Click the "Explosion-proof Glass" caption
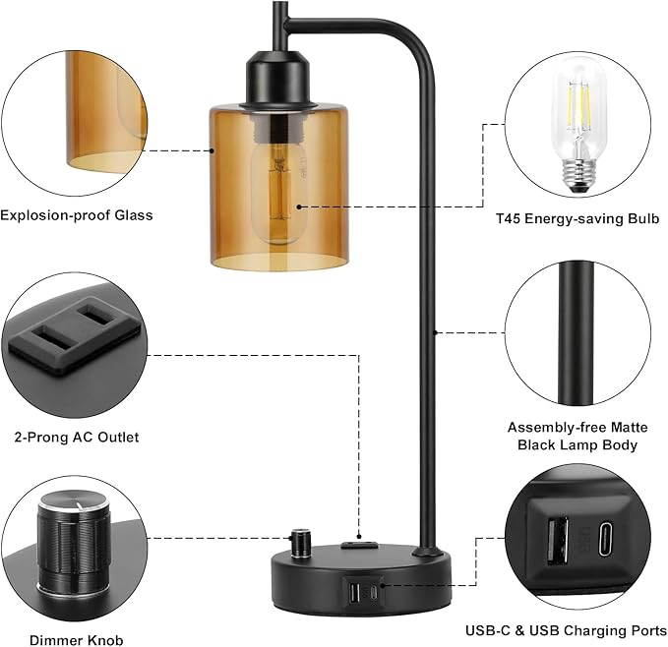pyautogui.click(x=77, y=214)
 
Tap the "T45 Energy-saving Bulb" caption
pyautogui.click(x=576, y=217)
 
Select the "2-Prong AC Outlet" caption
pyautogui.click(x=77, y=437)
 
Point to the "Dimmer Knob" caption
pyautogui.click(x=77, y=640)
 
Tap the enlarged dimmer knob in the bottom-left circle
pyautogui.click(x=69, y=547)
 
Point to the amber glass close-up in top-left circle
pyautogui.click(x=98, y=108)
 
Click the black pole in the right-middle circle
pyautogui.click(x=574, y=334)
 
